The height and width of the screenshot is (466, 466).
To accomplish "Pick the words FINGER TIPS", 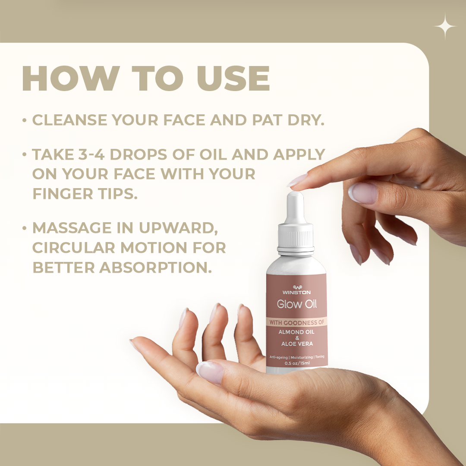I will pos(85,193).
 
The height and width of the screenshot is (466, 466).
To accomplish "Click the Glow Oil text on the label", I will pos(296,304).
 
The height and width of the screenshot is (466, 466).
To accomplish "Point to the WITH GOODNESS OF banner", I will pos(296,322).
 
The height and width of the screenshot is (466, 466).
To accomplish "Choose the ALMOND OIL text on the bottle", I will pos(296,332).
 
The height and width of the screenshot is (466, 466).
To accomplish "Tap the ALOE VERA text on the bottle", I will pos(296,344).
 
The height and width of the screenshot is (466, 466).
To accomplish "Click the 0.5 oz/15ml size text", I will pos(296,363).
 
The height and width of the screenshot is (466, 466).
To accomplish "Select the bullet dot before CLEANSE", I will pos(25,120).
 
